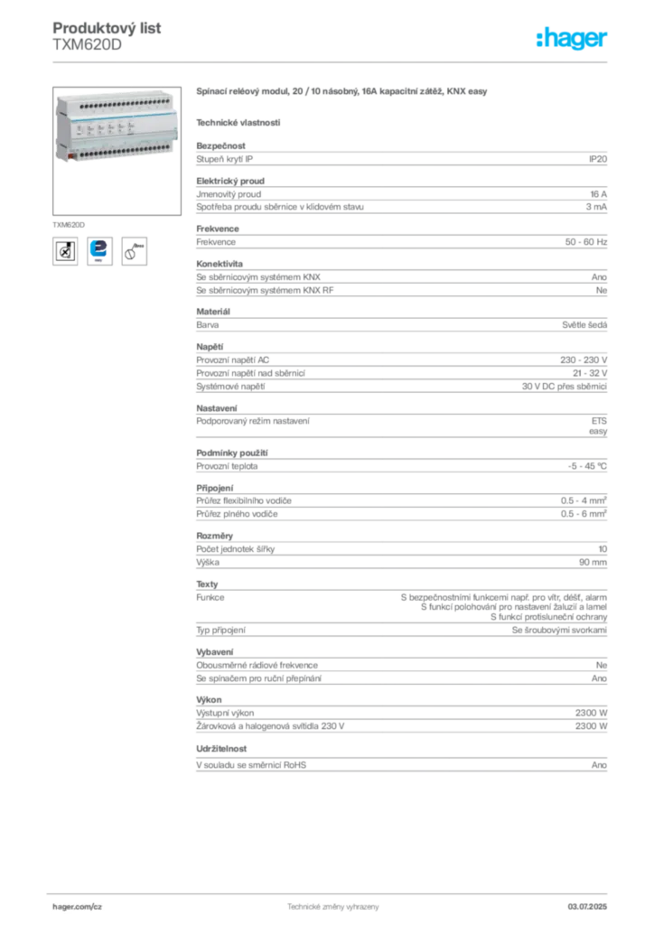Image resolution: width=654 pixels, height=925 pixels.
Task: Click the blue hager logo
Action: click(573, 40)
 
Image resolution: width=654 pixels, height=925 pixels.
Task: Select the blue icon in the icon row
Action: click(99, 250)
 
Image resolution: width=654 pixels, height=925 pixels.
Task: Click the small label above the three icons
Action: click(69, 221)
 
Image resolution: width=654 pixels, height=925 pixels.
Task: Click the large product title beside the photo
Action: click(343, 93)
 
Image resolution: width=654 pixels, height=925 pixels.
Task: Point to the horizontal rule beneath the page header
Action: click(332, 61)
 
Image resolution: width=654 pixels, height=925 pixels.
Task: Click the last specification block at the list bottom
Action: click(400, 759)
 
